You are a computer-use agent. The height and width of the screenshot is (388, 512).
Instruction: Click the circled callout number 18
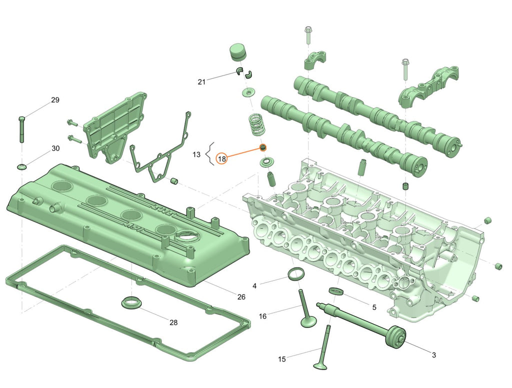coord(221,159)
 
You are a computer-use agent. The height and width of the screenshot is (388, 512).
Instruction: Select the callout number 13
coord(196,154)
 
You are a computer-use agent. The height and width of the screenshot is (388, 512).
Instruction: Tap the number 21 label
coord(202,81)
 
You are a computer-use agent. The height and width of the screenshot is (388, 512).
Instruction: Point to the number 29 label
coord(55,100)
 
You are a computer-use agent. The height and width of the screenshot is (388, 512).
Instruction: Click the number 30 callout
coord(56,148)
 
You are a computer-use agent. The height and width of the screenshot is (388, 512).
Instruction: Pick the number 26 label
coord(241,297)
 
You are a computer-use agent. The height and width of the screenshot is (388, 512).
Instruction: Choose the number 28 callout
coord(173,322)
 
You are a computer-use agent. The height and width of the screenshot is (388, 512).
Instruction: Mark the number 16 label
coord(263,316)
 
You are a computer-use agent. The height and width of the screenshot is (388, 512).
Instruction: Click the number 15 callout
coord(282,359)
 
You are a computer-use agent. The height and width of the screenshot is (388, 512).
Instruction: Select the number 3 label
coord(434,355)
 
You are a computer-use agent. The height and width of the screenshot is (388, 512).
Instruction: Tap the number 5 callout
coord(374,307)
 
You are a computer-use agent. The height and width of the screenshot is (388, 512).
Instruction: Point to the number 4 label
coord(254,286)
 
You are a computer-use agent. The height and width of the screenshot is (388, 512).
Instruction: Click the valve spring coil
coord(257,125)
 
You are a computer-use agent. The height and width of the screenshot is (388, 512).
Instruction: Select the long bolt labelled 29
coord(21,129)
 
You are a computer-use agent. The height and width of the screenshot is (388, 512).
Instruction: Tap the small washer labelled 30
coord(21,167)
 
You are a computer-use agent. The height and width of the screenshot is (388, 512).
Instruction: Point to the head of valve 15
coord(320,365)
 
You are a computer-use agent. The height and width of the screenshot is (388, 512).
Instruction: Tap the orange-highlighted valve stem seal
coord(262,147)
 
